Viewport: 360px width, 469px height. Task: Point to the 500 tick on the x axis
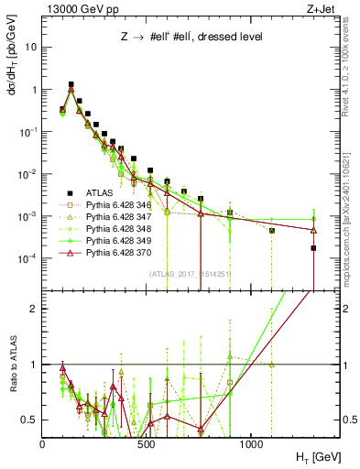click(147, 442)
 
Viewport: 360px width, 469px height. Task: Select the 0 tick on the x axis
click(43, 442)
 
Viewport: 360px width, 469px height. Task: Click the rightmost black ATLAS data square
click(313, 248)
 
